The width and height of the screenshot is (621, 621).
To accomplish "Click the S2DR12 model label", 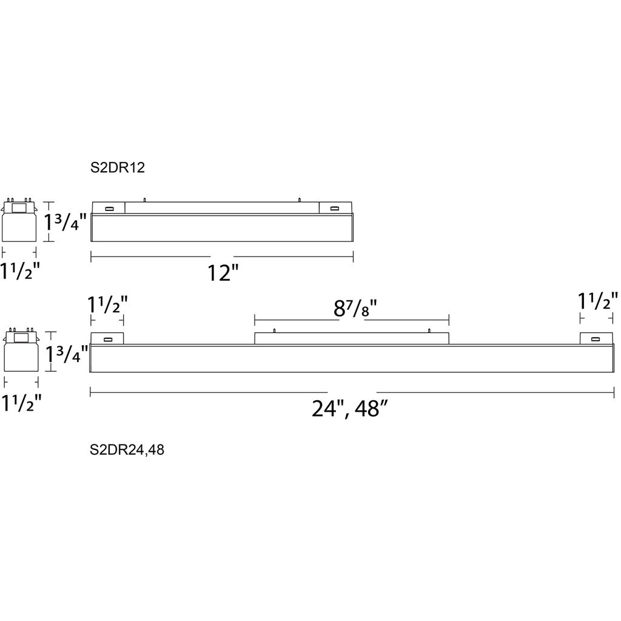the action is [x=118, y=167].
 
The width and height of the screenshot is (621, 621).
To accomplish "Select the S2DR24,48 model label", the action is [x=127, y=450].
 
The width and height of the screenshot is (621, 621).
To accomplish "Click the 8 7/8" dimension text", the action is [x=355, y=308].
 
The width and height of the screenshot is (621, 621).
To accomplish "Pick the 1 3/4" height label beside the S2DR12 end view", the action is [x=64, y=222].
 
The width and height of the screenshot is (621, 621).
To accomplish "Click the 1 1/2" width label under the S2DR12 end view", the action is [x=20, y=271].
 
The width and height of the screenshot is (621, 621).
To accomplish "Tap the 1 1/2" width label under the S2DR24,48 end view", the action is [x=22, y=403].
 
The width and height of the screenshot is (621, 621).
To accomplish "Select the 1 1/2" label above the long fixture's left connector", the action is [x=108, y=304].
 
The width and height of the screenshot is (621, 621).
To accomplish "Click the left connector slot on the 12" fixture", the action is [x=109, y=209].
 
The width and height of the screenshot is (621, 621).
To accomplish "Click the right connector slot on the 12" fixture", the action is [x=335, y=209].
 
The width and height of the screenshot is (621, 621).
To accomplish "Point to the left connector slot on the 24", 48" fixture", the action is [x=107, y=339].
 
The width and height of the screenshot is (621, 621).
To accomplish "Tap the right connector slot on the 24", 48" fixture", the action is [x=595, y=339].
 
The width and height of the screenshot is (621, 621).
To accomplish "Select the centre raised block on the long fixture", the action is [x=352, y=338].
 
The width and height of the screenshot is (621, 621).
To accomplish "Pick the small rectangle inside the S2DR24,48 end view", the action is [x=21, y=338].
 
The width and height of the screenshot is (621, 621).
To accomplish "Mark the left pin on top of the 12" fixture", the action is [x=144, y=200].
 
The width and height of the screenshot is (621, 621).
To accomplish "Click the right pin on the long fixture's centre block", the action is [x=429, y=331].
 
